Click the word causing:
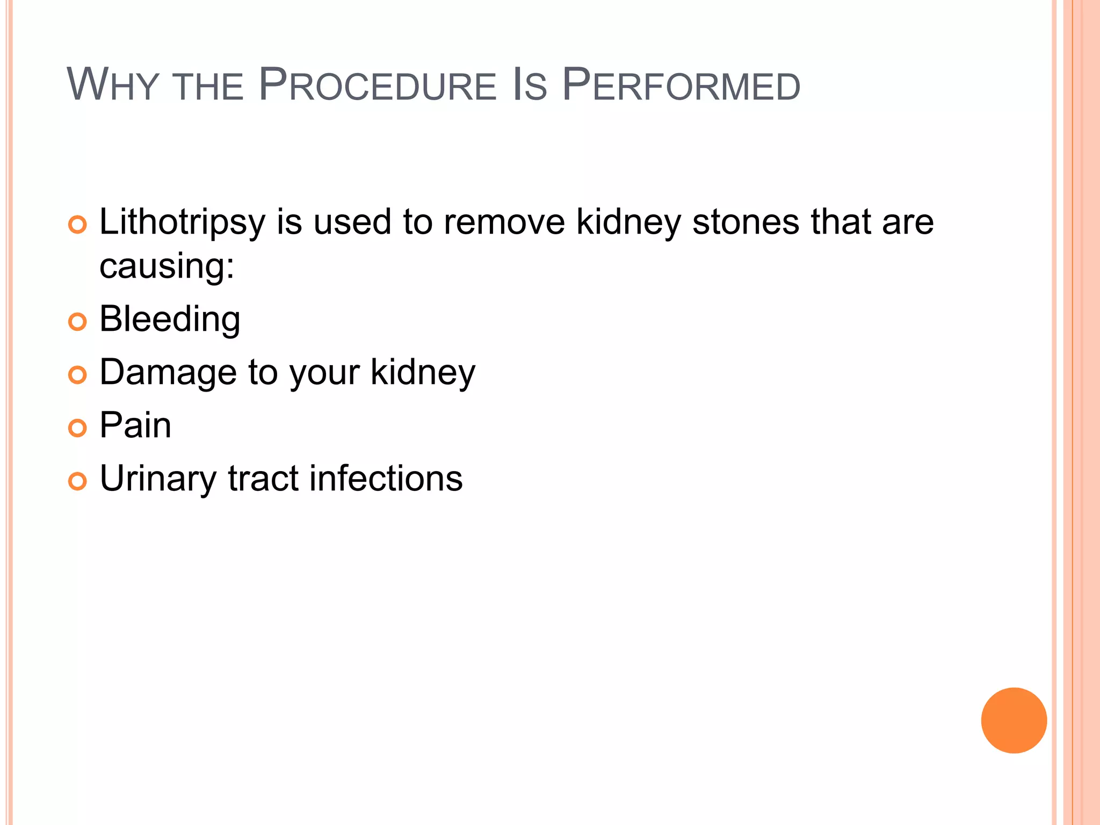[167, 266]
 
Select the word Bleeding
[170, 320]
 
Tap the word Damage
[168, 373]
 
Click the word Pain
[135, 425]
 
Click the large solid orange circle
[1014, 720]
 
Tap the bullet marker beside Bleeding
[77, 322]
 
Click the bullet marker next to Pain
[77, 428]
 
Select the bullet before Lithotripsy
[77, 225]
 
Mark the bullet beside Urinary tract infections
[77, 481]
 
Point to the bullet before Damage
[77, 375]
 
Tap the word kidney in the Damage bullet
[423, 373]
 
